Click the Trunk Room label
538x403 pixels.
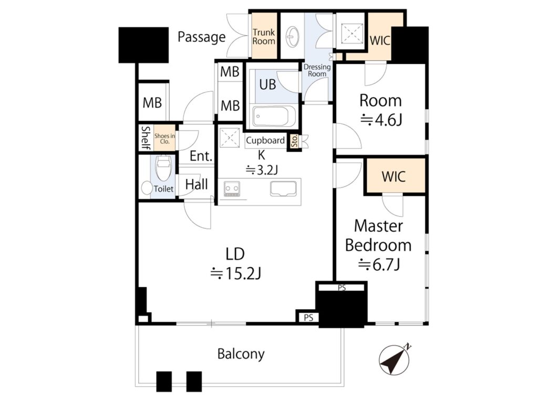pos(264,37)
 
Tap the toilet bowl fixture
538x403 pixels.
pos(163,168)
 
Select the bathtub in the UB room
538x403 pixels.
pos(274,116)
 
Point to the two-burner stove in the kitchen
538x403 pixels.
pos(232,189)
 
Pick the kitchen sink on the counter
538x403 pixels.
pos(283,189)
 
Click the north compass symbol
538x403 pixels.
pos(395,359)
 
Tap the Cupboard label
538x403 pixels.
pos(265,140)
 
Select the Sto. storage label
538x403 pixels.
pos(294,141)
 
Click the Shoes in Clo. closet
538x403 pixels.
pos(164,138)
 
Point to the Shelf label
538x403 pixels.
pos(146,138)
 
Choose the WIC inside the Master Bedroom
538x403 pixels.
pos(394,176)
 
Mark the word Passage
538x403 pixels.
pos(201,37)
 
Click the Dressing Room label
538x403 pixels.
pos(317,70)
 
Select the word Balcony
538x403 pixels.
pos(241,354)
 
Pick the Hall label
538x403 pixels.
pos(196,184)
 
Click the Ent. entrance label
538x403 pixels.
pos(201,156)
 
